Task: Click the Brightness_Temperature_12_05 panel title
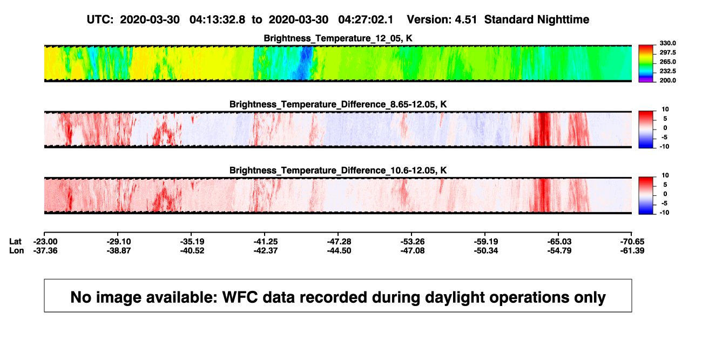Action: [x=338, y=38]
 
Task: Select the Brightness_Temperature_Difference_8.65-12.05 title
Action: [x=338, y=104]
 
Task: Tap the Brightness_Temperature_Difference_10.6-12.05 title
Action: [x=338, y=171]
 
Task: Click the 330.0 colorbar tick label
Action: [x=667, y=43]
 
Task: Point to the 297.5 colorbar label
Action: [x=667, y=52]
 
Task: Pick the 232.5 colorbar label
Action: [x=667, y=71]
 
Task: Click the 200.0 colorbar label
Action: [x=667, y=80]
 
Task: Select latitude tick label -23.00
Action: [x=45, y=242]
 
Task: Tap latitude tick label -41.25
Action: [x=266, y=242]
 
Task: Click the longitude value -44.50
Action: [x=339, y=250]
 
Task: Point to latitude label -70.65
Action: [x=632, y=242]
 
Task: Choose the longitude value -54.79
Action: [x=559, y=250]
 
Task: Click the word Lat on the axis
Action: [x=15, y=242]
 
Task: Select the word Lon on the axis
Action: [x=17, y=250]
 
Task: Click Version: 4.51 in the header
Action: [x=442, y=20]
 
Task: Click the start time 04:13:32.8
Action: [x=217, y=20]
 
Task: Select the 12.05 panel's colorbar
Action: [x=646, y=64]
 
